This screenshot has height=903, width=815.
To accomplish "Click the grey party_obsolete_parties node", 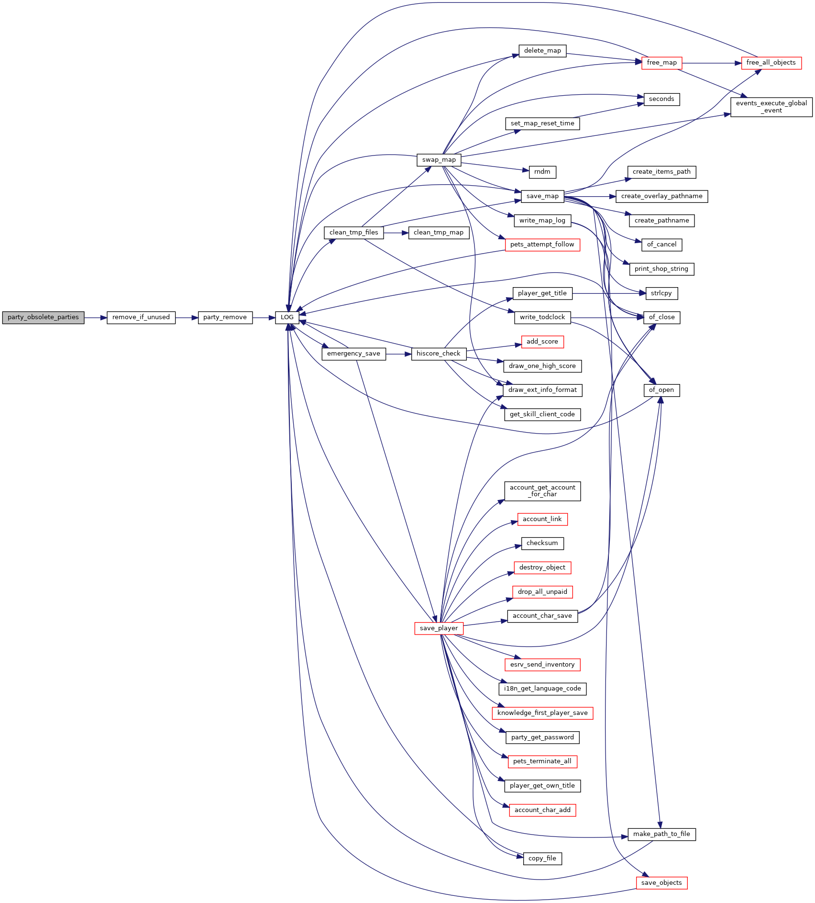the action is point(43,317).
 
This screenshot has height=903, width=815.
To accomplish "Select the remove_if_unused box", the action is point(141,317).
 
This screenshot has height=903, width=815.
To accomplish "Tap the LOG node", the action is point(287,317).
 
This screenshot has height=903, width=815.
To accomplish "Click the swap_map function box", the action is point(439,160).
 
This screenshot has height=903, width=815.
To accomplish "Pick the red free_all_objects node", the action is point(771,63).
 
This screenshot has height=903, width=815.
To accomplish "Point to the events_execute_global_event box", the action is point(771,107).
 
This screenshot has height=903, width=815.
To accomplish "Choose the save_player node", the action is point(439,628).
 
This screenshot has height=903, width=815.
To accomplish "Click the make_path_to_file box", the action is point(661,834).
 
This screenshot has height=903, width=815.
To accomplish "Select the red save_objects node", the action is point(661,883).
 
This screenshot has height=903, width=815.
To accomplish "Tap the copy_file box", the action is point(542,858).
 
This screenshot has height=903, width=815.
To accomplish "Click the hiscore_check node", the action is point(439,354).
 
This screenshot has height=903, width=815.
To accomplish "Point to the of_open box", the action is point(661,390).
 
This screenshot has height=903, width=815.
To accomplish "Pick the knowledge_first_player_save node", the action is point(542,713).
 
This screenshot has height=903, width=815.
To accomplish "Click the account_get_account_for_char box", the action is point(542,491).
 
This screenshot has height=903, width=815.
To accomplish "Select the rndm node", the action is point(542,172).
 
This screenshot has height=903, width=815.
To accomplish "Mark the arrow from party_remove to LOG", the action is point(264,317).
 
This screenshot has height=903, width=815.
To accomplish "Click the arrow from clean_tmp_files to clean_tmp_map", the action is point(396,233).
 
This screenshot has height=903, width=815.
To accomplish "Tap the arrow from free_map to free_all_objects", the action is point(712,63).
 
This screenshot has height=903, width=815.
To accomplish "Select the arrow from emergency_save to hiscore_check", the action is point(399,354).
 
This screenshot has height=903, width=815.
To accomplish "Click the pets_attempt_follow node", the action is point(542,245).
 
